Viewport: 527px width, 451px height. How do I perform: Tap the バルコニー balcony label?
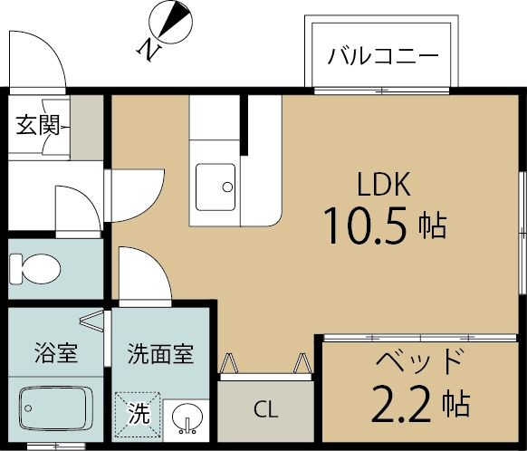[383, 56]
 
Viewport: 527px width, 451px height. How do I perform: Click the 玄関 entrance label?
[38, 125]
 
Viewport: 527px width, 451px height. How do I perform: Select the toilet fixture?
[35, 269]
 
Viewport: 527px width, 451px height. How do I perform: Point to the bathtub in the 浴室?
[56, 408]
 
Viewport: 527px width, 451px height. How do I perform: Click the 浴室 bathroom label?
[56, 352]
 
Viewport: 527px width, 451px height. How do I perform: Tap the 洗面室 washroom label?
[160, 354]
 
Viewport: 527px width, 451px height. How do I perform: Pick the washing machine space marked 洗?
[139, 414]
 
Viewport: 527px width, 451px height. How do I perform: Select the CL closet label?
[266, 409]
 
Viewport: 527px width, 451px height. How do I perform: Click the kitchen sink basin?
[216, 187]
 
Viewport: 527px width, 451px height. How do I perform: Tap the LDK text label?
[383, 184]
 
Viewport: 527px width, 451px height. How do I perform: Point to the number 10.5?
[365, 225]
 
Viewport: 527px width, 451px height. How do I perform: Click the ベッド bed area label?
[417, 361]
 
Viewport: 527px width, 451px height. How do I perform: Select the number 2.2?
[401, 403]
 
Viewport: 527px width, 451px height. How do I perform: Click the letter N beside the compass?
[149, 50]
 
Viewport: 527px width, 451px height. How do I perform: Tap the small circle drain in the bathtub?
[28, 408]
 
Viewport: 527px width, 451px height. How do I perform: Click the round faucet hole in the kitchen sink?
[227, 187]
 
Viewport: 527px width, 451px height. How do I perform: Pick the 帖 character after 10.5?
[433, 225]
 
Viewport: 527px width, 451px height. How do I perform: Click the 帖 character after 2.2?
[455, 403]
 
